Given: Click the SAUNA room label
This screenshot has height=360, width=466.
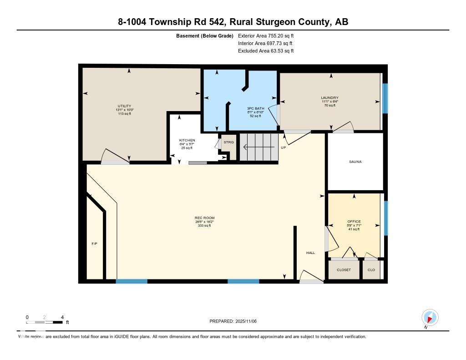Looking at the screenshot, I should coord(355,162).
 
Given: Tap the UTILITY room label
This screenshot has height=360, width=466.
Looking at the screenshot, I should coord(124,106).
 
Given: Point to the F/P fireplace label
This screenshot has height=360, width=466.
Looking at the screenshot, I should coord(94,244).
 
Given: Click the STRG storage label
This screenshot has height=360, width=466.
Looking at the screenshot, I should coord(228,142).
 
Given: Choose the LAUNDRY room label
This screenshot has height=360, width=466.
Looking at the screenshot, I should coord(329,98).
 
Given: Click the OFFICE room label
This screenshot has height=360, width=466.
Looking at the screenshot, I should coord(354,222).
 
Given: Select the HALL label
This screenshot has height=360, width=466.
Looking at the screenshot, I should coord(310,253).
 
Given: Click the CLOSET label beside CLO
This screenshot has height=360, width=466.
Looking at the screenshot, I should coord(344,270).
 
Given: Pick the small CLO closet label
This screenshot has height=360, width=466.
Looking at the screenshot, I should coord(371,270).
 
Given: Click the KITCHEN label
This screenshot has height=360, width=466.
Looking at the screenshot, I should coord(187,140).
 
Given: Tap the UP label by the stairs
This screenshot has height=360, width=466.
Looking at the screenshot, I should coord(283,147).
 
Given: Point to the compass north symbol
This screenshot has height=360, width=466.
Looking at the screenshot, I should coord(430,317).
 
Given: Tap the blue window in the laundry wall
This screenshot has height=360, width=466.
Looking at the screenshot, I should coord(385,98).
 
